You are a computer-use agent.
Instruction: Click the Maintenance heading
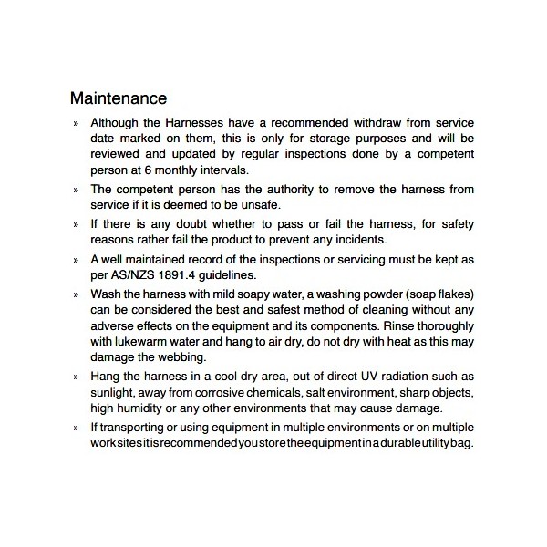pyautogui.click(x=119, y=98)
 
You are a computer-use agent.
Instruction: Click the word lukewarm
pyautogui.click(x=148, y=342)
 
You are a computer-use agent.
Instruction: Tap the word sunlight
pyautogui.click(x=114, y=393)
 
